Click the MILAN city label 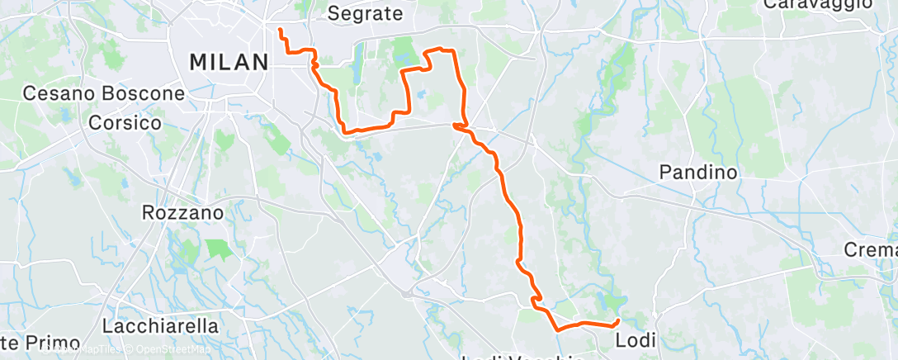click(x=229, y=62)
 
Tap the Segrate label click(x=365, y=13)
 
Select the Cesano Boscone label click(x=103, y=93)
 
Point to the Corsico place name click(x=126, y=122)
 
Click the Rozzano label click(x=183, y=212)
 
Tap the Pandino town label click(x=697, y=172)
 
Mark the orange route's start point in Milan click(x=280, y=31)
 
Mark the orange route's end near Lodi click(x=617, y=320)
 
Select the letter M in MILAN click(x=198, y=62)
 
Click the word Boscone click(x=142, y=93)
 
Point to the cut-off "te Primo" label click(x=40, y=343)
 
